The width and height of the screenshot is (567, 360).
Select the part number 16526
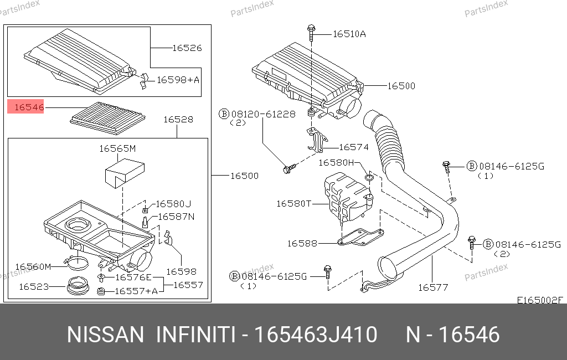187,48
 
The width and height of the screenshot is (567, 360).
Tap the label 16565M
117,148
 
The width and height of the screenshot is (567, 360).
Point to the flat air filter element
107,118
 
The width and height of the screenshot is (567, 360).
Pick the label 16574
354,147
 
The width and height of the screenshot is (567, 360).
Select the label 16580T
293,204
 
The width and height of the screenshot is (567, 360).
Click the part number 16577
433,287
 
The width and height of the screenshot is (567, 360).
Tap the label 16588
302,244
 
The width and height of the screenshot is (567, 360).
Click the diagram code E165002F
540,300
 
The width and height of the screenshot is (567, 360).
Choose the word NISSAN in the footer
105,335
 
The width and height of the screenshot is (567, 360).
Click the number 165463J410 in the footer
316,335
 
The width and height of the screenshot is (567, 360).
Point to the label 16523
34,286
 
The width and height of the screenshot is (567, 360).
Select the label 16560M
33,266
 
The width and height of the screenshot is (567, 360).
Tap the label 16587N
176,217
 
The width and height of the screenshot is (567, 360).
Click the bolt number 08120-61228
263,114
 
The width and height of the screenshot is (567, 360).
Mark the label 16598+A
178,80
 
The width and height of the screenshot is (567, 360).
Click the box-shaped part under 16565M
125,174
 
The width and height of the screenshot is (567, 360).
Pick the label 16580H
336,162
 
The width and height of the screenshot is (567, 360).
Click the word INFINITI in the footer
195,335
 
